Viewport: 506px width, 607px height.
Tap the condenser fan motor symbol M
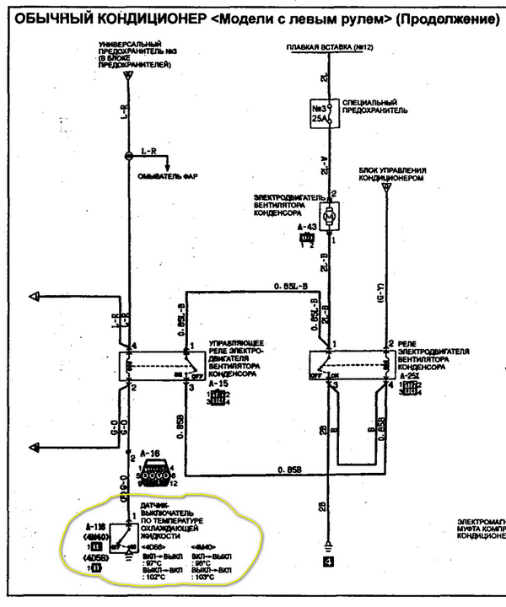click(331, 218)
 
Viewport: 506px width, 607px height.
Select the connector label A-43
click(308, 228)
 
